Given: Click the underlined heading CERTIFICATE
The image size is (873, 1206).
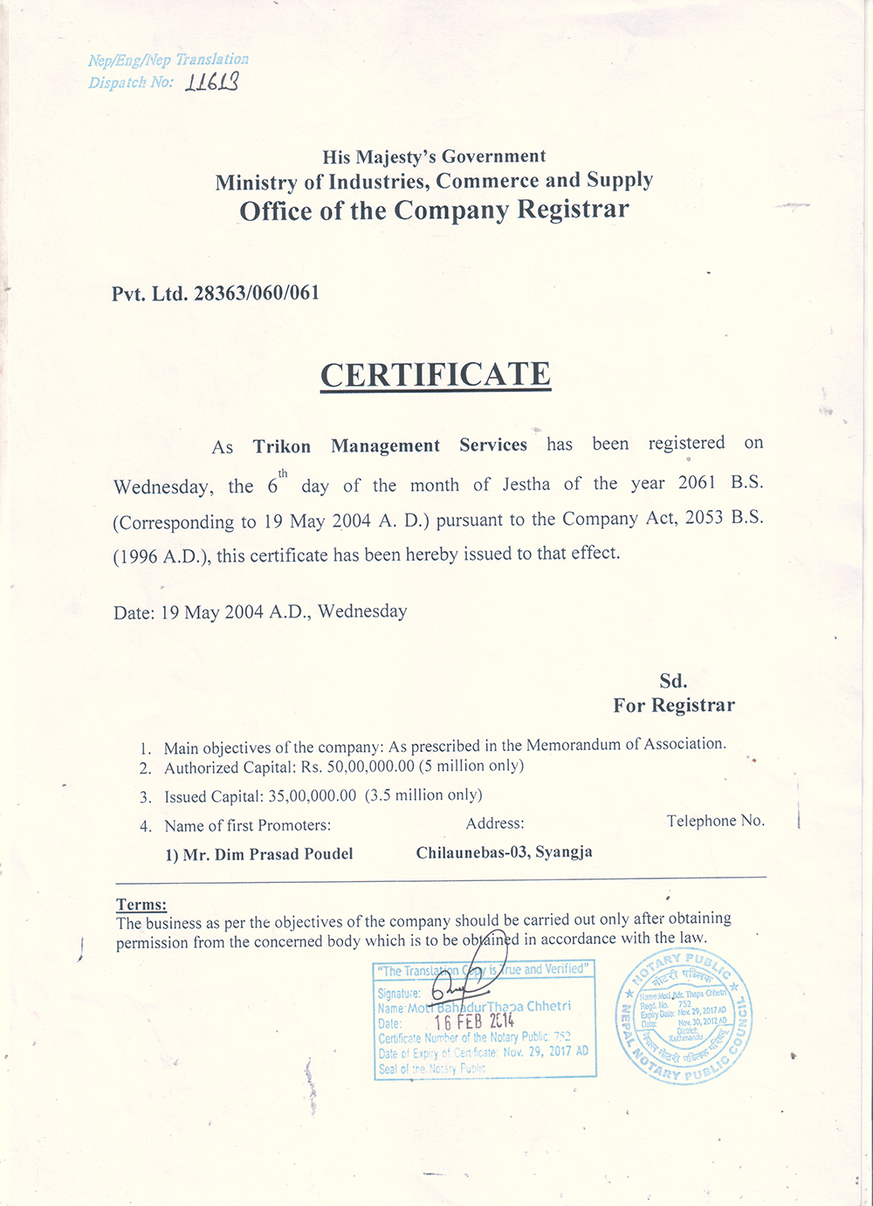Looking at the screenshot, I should click(436, 375).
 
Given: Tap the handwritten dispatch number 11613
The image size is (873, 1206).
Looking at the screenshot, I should click(211, 82).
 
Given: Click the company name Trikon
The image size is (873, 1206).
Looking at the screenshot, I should click(282, 446).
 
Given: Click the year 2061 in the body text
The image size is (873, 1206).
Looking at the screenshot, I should click(697, 483).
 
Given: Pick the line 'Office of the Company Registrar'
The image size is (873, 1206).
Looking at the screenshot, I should click(434, 210).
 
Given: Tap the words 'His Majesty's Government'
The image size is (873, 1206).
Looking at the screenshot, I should click(434, 157).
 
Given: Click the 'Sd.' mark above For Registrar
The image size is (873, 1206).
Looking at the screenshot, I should click(673, 681).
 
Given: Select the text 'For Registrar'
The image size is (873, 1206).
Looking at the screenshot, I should click(673, 706).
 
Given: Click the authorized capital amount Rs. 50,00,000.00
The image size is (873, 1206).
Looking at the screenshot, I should click(357, 767).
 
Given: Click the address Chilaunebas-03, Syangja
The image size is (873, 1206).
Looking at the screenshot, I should click(504, 852).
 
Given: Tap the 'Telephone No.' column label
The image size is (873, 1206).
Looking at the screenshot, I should click(715, 821).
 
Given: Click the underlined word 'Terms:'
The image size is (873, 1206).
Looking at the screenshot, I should click(141, 905).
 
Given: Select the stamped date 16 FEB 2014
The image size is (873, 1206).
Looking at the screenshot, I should click(474, 1022).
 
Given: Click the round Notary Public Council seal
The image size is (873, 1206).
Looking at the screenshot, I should click(684, 1018).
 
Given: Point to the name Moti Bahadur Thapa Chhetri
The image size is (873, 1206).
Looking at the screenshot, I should click(489, 1007).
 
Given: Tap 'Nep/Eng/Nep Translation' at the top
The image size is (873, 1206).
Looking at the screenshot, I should click(168, 60).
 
